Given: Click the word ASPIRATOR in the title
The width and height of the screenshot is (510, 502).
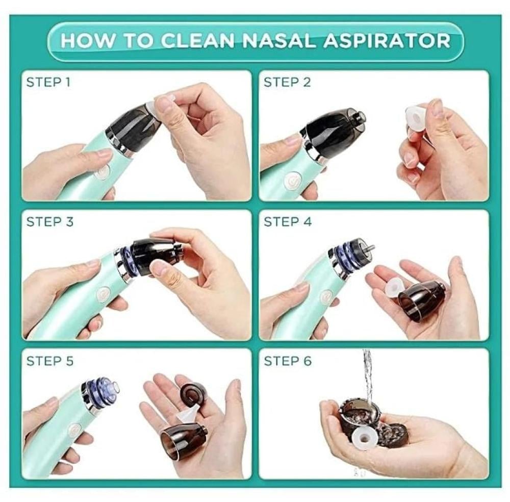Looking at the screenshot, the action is pos(388,41).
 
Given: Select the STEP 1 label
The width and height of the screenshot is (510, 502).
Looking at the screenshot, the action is pos(48,82).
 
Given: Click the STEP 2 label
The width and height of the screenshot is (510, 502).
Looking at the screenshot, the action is pos(287,82).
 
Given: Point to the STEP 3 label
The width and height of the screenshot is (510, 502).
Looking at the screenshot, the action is pos(50,222).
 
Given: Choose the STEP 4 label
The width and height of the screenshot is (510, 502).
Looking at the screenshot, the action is pos(288,222).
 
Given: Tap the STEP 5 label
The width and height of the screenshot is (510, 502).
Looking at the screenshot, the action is pos(50,361).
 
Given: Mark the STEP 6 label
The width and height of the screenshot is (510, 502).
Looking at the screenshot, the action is pos(288,361).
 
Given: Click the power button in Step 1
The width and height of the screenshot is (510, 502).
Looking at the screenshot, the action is pos(103,172).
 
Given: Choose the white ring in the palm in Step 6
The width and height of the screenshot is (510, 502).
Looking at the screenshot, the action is pos(364,438).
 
